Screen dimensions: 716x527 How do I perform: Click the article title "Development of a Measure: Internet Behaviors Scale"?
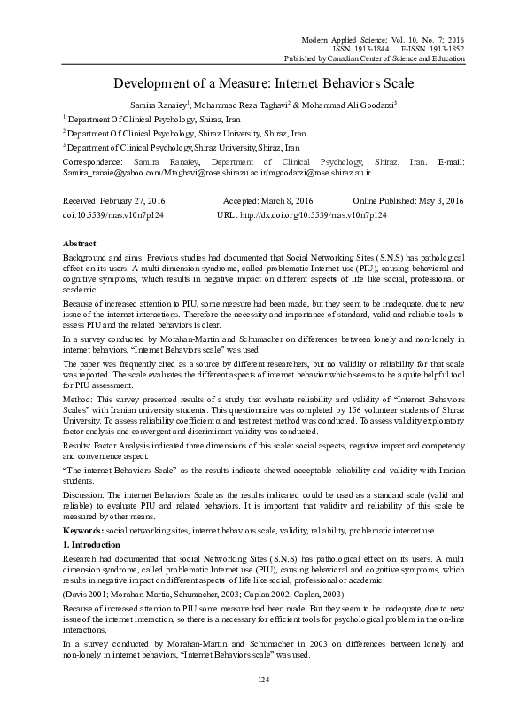263,85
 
